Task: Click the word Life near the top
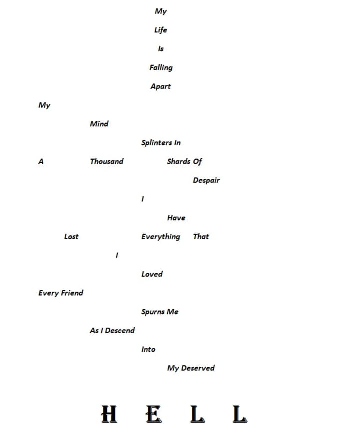tap(160, 30)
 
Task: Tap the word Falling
tap(161, 68)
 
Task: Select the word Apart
tap(160, 86)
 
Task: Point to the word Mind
tap(99, 124)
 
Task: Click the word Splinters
tap(156, 143)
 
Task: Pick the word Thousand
tap(106, 161)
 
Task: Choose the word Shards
tap(178, 161)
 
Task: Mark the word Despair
tap(206, 180)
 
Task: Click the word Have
tap(176, 218)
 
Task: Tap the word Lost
tap(71, 237)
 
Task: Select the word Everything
tap(160, 237)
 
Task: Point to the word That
tap(201, 237)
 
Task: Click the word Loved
tap(152, 274)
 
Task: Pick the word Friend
tap(72, 293)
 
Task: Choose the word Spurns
tap(152, 312)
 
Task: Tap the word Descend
tap(120, 330)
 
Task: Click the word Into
tap(148, 349)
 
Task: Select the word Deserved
tap(198, 368)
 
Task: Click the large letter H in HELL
tap(109, 414)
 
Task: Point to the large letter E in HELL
tap(154, 414)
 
